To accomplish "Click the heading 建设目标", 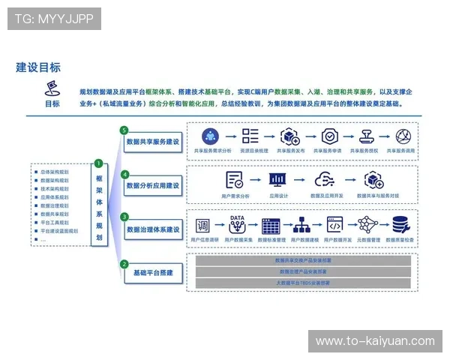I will [38, 67].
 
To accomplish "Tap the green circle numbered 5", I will [124, 130].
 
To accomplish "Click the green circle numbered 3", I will [124, 217].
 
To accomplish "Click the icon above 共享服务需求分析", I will [210, 136].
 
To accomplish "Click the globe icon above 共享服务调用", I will [404, 136].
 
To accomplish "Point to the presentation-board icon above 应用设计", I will [278, 180].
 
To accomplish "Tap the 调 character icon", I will [202, 226].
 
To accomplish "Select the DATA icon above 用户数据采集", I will [237, 225].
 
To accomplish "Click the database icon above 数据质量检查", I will [400, 224].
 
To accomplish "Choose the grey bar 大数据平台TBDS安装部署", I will [303, 283].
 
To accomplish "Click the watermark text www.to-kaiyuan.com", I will [374, 341].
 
